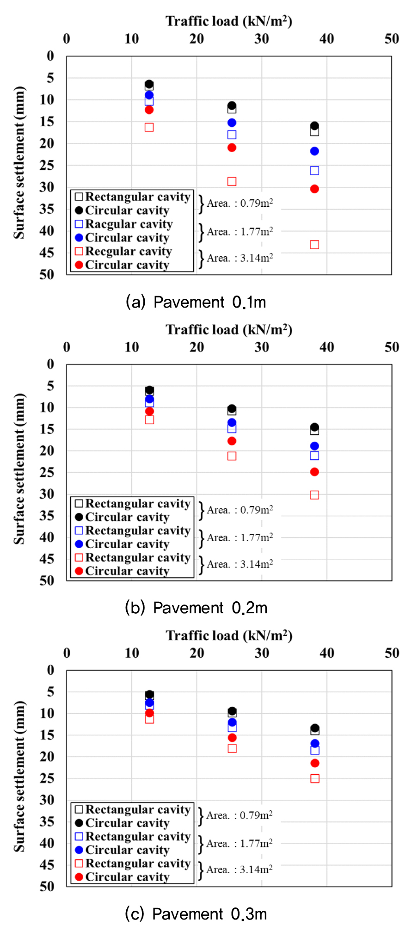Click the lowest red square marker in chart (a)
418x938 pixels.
pyautogui.click(x=314, y=245)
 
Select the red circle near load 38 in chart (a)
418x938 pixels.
pyautogui.click(x=314, y=189)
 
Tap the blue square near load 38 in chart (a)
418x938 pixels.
pyautogui.click(x=314, y=171)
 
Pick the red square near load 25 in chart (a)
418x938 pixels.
pyautogui.click(x=232, y=181)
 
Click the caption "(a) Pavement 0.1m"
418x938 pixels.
pyautogui.click(x=196, y=302)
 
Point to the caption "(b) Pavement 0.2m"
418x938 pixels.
pyautogui.click(x=196, y=608)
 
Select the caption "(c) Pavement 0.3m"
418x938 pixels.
pyautogui.click(x=196, y=914)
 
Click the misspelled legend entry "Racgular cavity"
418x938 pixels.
pyautogui.click(x=129, y=224)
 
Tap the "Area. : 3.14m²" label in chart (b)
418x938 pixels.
pyautogui.click(x=240, y=564)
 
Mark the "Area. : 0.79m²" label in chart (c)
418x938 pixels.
pyautogui.click(x=239, y=815)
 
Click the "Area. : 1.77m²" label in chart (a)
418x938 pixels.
pyautogui.click(x=240, y=232)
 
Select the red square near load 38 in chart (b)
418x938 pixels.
pyautogui.click(x=314, y=495)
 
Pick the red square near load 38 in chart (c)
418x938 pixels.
pyautogui.click(x=315, y=778)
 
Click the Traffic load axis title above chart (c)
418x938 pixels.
pyautogui.click(x=229, y=636)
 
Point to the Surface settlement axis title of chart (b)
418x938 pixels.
pyautogui.click(x=19, y=469)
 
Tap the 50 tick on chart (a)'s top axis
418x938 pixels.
pyautogui.click(x=392, y=39)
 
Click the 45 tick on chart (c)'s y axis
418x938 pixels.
pyautogui.click(x=47, y=865)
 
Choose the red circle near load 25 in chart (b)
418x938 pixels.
pyautogui.click(x=232, y=441)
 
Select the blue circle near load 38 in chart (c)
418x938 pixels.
pyautogui.click(x=315, y=744)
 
